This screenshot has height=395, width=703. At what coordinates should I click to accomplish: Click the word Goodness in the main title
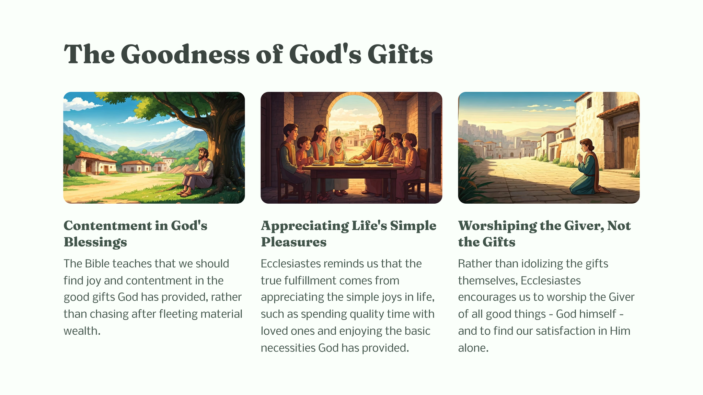click(x=185, y=54)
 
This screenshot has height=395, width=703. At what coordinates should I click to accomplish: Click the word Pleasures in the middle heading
click(x=293, y=242)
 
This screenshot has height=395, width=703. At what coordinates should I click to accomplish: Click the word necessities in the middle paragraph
click(x=288, y=348)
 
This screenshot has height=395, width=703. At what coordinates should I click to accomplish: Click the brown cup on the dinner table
click(x=332, y=160)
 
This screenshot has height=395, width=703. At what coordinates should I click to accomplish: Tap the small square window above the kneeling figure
click(x=589, y=102)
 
